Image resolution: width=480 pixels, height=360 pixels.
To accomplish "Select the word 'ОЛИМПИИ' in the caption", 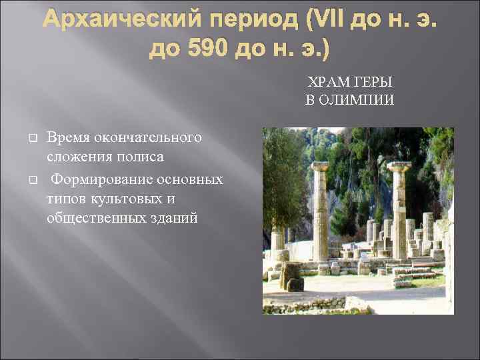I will tap(357, 99).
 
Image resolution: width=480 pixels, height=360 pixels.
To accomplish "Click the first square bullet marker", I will tap(31, 138).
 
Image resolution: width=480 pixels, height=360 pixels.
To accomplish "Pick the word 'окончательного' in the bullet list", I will tap(149, 137).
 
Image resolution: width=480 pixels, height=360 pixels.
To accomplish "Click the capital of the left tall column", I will tap(320, 166).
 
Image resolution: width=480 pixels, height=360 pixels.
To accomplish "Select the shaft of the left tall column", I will tap(321, 213).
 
